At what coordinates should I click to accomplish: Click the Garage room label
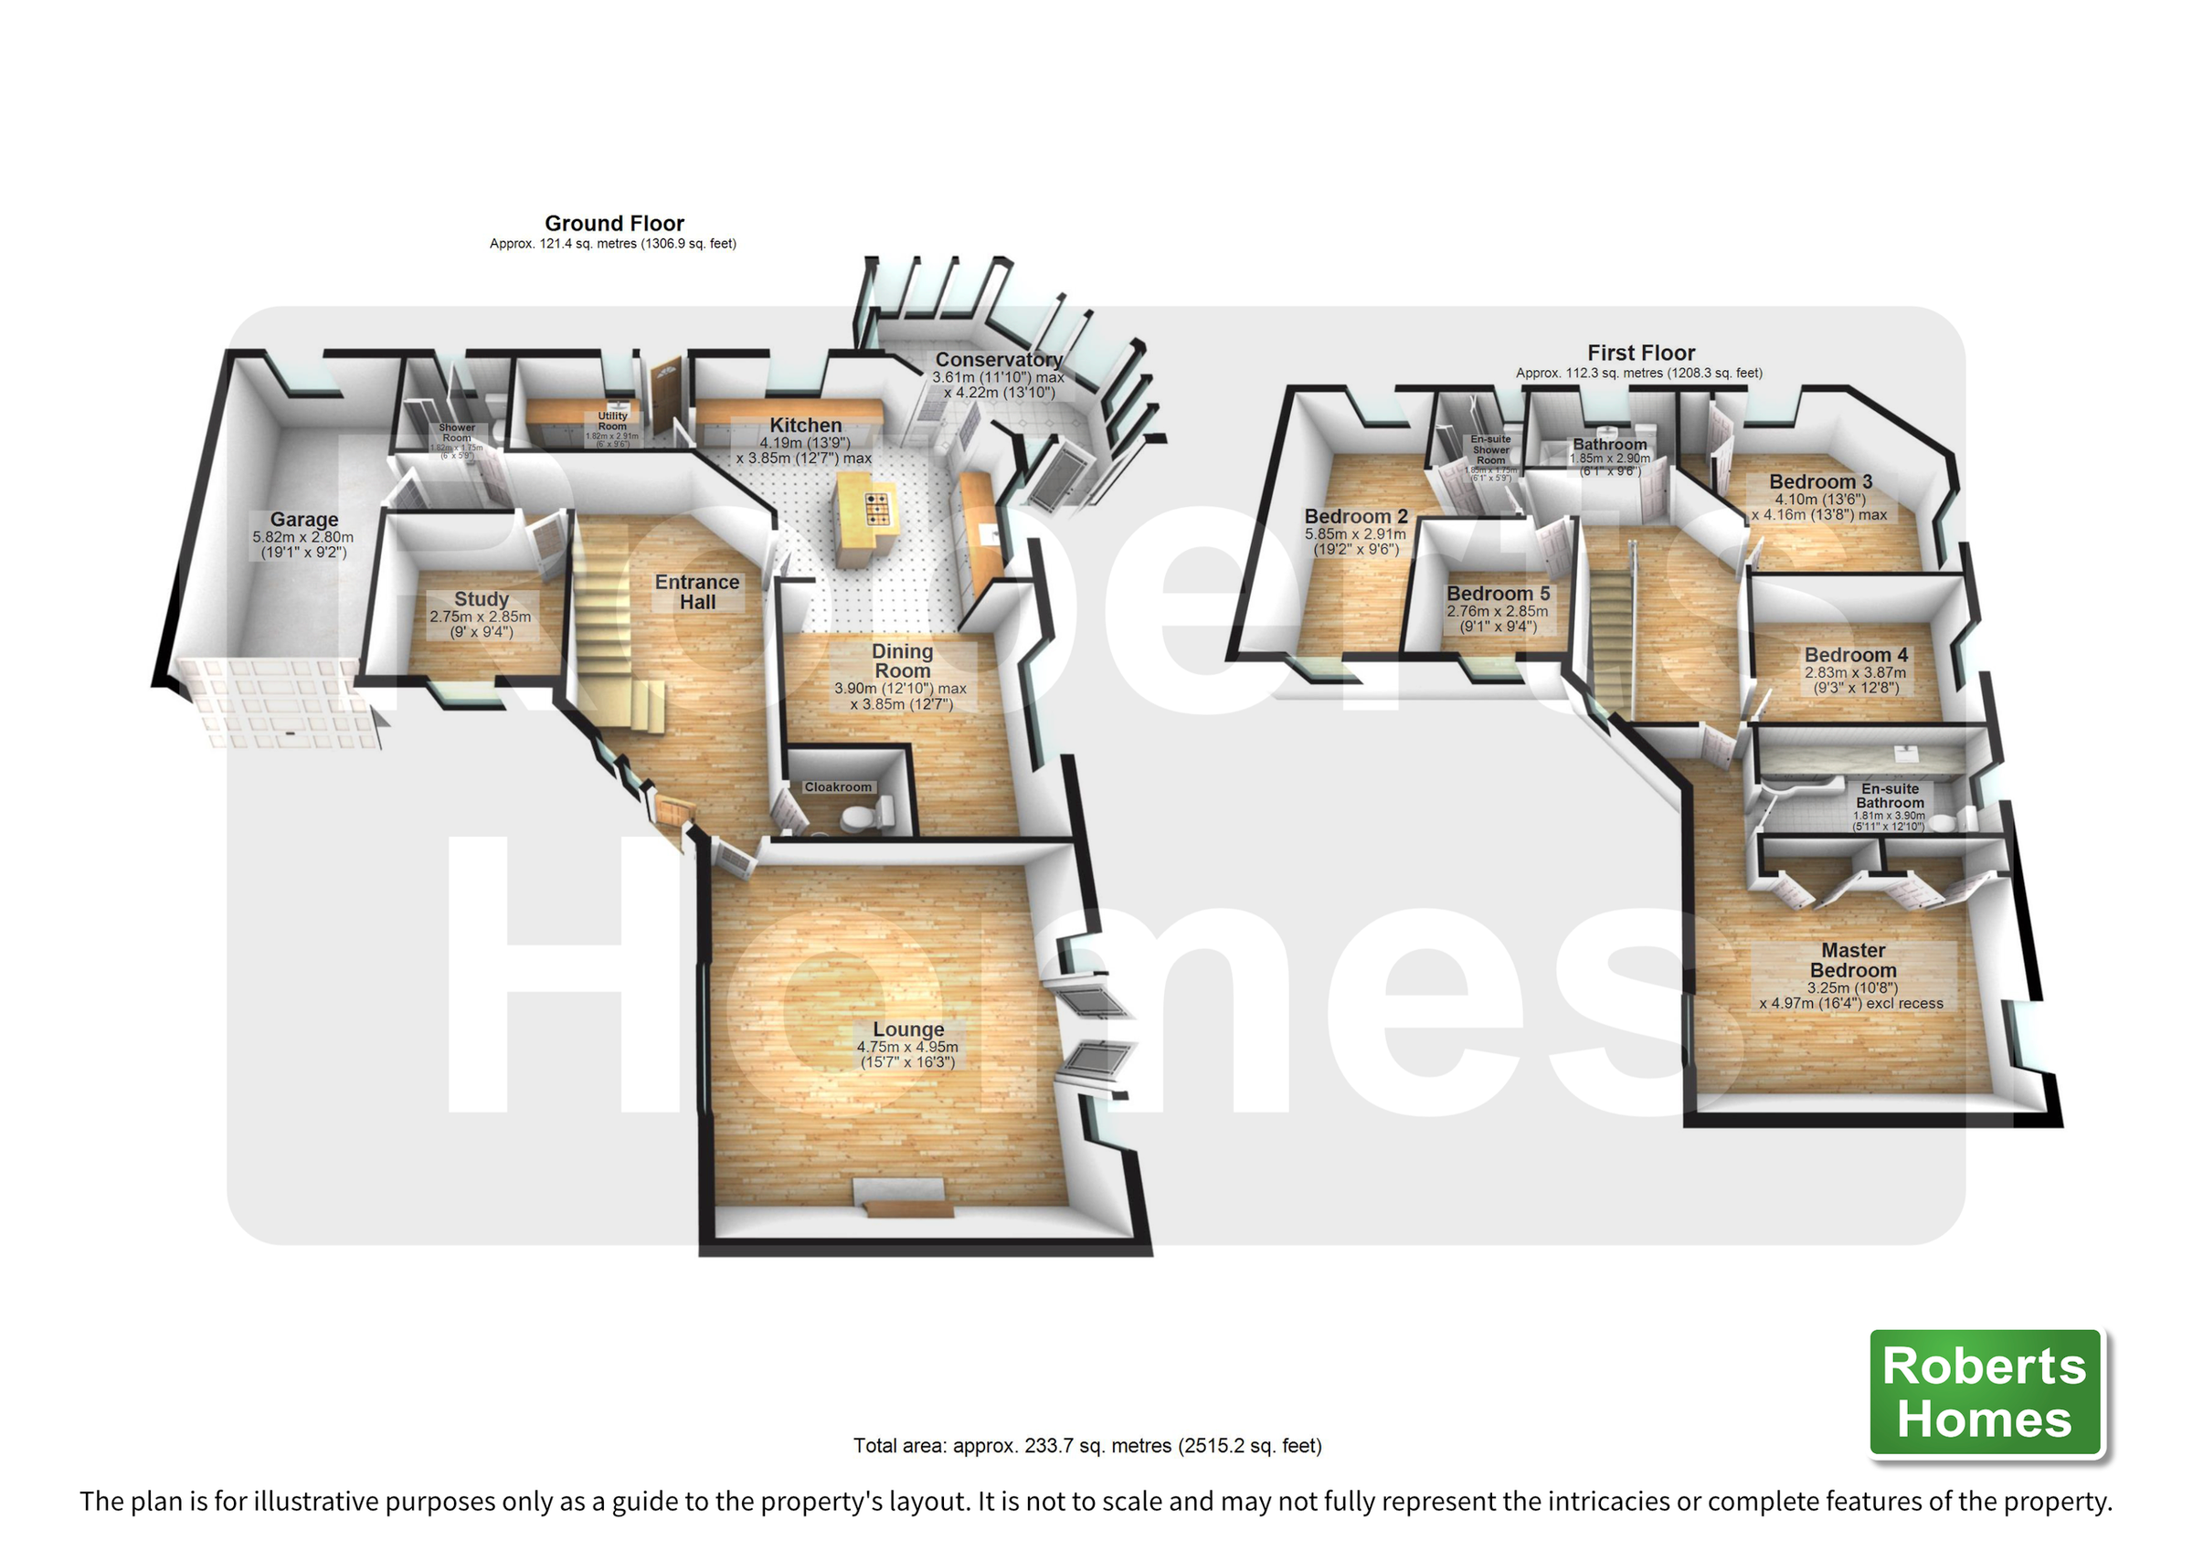coord(303,521)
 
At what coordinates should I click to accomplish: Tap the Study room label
coord(481,600)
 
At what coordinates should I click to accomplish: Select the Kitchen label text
coord(805,426)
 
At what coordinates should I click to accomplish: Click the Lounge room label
coord(907,1029)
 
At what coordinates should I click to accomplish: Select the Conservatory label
coord(998,360)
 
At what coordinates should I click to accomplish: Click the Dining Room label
coord(902,661)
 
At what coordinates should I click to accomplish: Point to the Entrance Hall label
coord(697,592)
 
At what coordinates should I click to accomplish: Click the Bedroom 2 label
coord(1355,517)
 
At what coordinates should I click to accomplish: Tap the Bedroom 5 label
coord(1498,594)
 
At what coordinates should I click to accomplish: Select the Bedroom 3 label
coord(1819,482)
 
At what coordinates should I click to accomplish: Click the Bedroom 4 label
coord(1855,655)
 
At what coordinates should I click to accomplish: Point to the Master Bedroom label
coord(1852,960)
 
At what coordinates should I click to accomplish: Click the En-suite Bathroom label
coord(1890,796)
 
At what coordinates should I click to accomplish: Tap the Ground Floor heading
coord(614,224)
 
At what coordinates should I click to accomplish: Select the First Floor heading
coord(1640,353)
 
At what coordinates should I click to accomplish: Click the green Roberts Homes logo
coord(1985,1392)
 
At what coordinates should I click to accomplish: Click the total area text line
coord(1087,1446)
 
